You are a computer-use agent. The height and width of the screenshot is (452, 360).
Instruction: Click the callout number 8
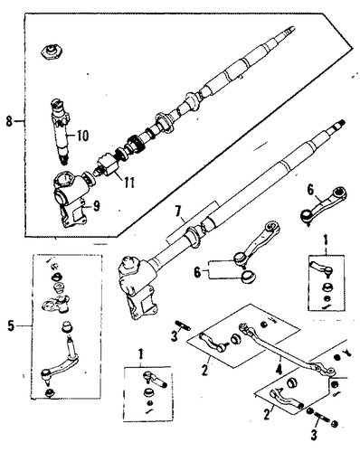coord(9,121)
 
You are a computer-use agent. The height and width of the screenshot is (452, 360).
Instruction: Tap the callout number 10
coord(81,136)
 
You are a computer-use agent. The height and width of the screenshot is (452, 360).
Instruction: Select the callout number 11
coord(128,183)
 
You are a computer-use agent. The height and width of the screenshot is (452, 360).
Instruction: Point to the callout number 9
coord(96,206)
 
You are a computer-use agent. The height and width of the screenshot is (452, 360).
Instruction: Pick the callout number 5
coord(11,325)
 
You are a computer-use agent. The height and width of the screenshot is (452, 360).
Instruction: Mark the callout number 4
coord(279,370)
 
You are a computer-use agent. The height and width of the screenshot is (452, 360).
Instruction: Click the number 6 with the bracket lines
coord(197,273)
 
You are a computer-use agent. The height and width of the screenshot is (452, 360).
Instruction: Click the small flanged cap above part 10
coord(52,52)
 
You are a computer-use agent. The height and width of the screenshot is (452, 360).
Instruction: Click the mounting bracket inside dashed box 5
coord(56,304)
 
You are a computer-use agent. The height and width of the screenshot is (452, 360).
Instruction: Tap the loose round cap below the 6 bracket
coord(248,277)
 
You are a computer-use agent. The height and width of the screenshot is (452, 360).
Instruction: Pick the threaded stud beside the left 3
coord(182,325)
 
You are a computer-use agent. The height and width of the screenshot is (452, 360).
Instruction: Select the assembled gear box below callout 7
coord(137,287)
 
